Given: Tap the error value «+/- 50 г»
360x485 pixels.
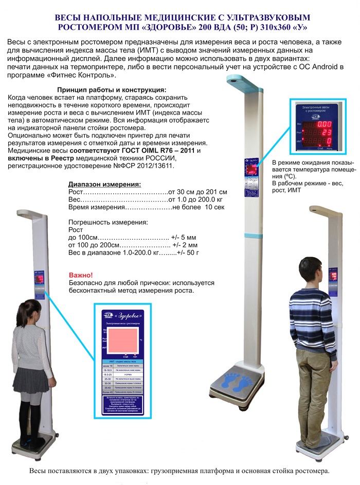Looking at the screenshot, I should click(x=187, y=253).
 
